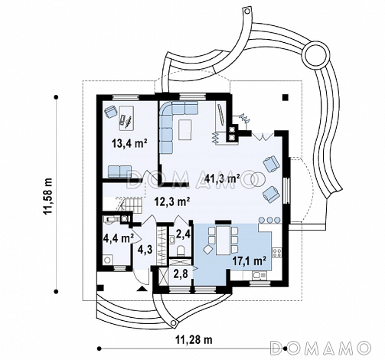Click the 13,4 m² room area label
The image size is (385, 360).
(x=130, y=143)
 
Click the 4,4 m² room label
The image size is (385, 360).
(x=118, y=239)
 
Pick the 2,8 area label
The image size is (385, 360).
(x=181, y=273)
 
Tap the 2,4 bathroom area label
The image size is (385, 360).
(x=184, y=234)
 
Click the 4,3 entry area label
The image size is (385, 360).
(x=145, y=249)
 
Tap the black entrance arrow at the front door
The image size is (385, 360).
(x=142, y=289)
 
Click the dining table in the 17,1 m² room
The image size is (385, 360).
(x=223, y=241)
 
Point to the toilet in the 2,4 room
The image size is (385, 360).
(x=181, y=250)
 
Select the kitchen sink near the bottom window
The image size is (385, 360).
(x=259, y=275)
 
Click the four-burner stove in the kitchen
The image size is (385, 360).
(x=277, y=253)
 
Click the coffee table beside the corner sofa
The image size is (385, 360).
(x=185, y=129)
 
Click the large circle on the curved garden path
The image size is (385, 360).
(x=315, y=56)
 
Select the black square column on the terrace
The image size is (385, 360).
(x=285, y=97)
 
